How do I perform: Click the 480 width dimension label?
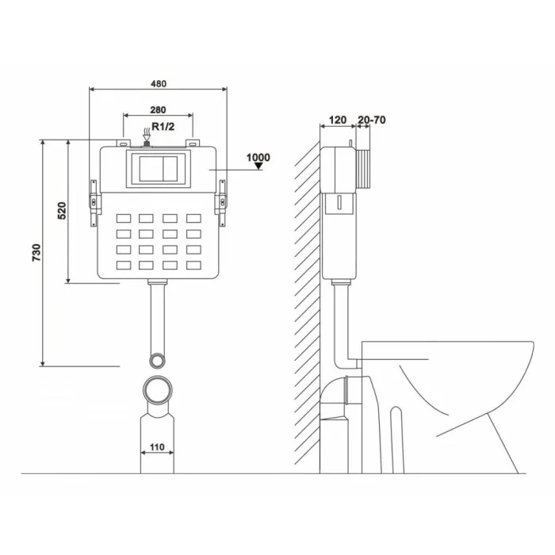point(159,84)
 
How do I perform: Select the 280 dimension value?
point(158,110)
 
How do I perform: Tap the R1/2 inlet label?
point(163,126)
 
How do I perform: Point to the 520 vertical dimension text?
point(62,211)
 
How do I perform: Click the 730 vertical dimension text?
point(36,252)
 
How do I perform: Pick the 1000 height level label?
point(258,157)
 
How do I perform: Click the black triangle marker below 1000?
point(258,166)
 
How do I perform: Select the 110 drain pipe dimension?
point(157,447)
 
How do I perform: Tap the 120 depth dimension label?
point(337,120)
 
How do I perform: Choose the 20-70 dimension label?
point(371,120)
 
